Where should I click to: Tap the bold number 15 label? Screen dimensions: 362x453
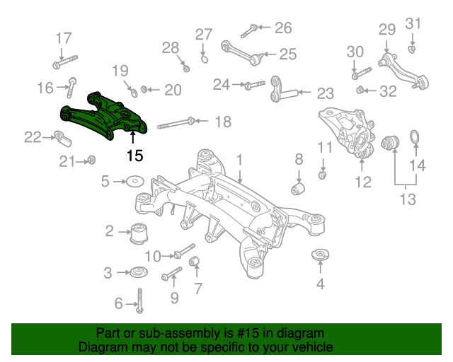(134, 156)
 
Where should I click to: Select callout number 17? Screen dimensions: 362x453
(64, 38)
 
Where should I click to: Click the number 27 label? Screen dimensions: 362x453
(204, 34)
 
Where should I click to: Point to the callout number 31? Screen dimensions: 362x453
(413, 23)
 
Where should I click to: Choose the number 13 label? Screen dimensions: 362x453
(408, 199)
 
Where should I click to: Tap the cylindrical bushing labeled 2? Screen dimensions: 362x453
(139, 233)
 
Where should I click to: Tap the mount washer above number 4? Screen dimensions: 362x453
(321, 252)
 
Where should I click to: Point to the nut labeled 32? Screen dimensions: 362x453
(360, 90)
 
